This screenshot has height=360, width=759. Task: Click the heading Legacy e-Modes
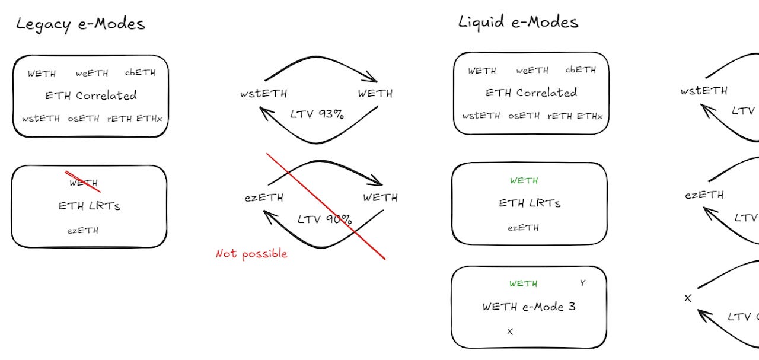pyautogui.click(x=81, y=24)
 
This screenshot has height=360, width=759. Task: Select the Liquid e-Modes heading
pyautogui.click(x=518, y=22)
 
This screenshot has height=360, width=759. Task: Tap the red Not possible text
pyautogui.click(x=251, y=254)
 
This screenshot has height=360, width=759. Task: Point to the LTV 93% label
pyautogui.click(x=317, y=114)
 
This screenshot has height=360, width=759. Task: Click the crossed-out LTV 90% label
pyautogui.click(x=324, y=219)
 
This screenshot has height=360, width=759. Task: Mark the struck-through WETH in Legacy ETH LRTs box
pyautogui.click(x=84, y=183)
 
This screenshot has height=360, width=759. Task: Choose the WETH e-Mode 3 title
pyautogui.click(x=529, y=307)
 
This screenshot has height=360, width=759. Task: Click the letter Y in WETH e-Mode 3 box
pyautogui.click(x=582, y=283)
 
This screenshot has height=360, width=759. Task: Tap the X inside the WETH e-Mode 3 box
pyautogui.click(x=509, y=332)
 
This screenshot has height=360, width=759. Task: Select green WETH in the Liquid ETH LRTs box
pyautogui.click(x=524, y=180)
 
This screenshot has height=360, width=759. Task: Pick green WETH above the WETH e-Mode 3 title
pyautogui.click(x=524, y=283)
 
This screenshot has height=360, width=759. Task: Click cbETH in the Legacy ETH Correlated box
pyautogui.click(x=140, y=73)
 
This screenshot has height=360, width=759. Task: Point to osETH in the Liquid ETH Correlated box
pyautogui.click(x=524, y=116)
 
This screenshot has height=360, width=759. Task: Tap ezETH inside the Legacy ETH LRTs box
pyautogui.click(x=83, y=230)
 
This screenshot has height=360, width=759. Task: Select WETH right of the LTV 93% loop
pyautogui.click(x=375, y=94)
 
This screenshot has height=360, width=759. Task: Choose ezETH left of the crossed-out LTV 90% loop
pyautogui.click(x=263, y=197)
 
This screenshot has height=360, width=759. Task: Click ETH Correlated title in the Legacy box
pyautogui.click(x=91, y=95)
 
